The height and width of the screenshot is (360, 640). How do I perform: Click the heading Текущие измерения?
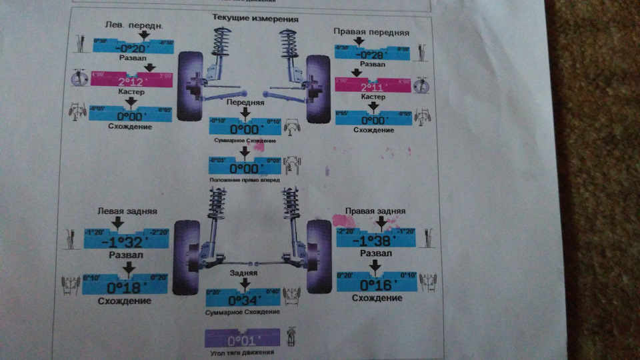click(x=255, y=19)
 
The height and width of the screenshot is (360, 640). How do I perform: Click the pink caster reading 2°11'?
click(x=373, y=87)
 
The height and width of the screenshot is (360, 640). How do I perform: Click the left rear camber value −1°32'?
click(x=125, y=241)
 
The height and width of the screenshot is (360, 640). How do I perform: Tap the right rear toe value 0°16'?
click(x=377, y=285)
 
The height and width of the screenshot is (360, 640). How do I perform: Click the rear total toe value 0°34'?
click(x=245, y=299)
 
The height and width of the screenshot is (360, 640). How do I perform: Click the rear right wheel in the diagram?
click(x=318, y=256)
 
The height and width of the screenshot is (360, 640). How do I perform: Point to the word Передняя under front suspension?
click(x=245, y=103)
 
